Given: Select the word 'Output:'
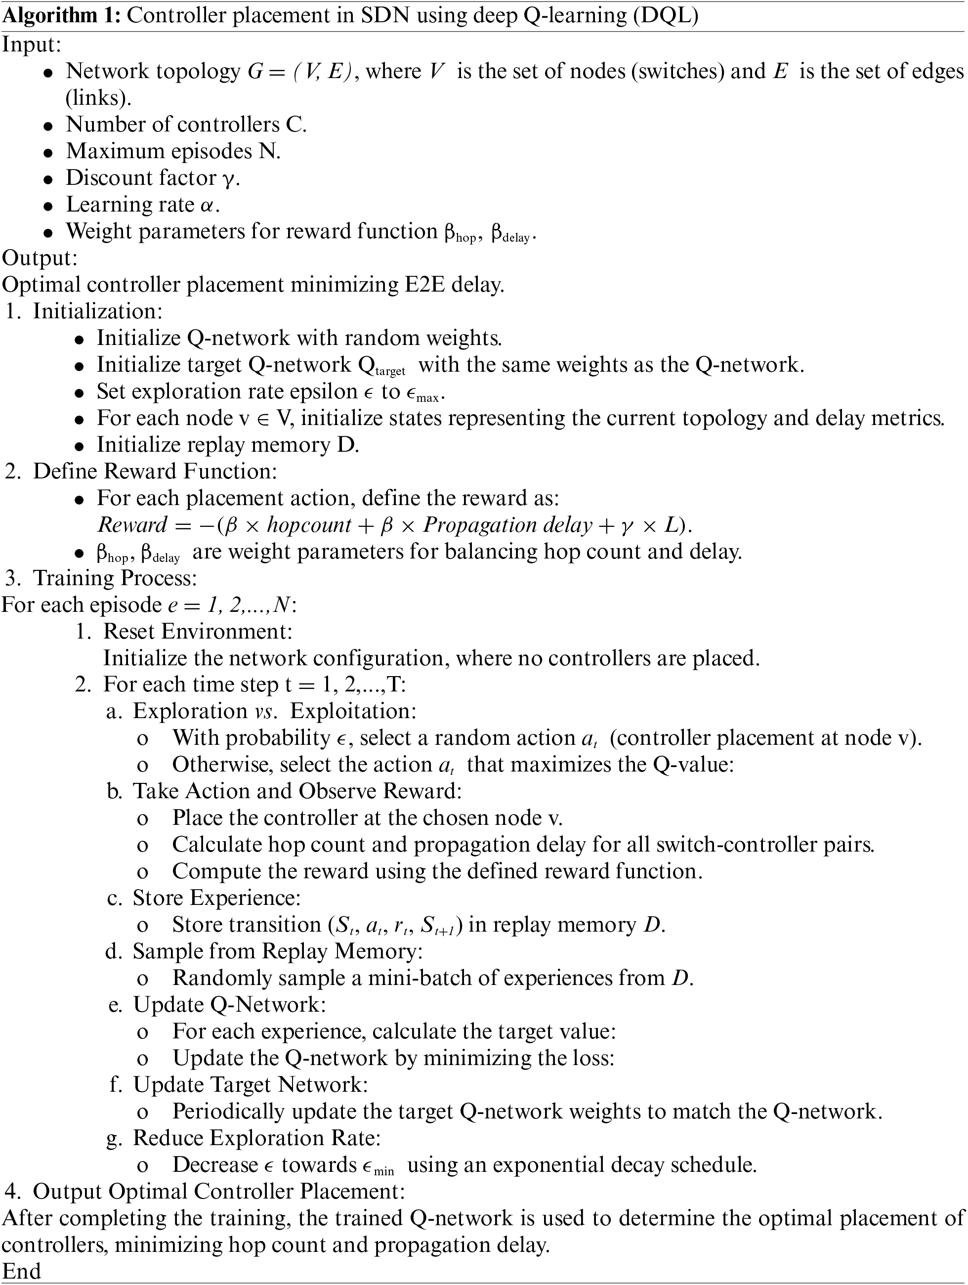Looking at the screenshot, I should coord(40,258).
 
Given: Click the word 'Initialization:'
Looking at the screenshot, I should coord(97,311).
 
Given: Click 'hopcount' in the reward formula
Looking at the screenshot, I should coord(309,524).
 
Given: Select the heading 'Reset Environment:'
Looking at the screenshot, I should coord(198,632).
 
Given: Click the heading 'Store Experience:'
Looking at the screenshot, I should coord(216,898).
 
